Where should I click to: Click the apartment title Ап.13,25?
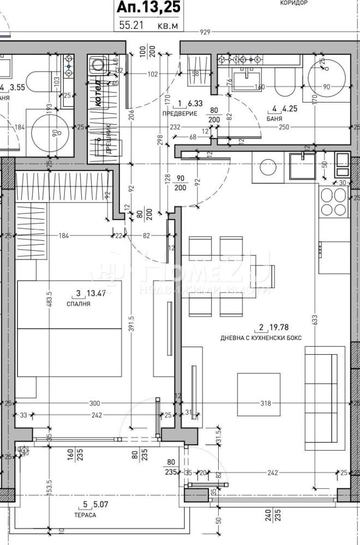(148, 7)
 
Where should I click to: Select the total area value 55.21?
(131, 25)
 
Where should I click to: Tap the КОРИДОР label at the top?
(294, 3)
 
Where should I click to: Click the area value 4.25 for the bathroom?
(291, 107)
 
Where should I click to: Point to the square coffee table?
(259, 393)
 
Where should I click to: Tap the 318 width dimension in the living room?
(266, 404)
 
